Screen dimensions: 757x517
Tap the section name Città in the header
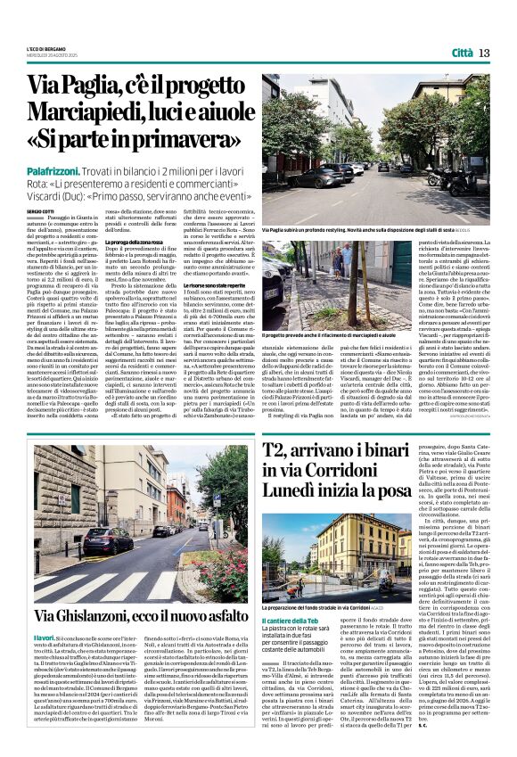[x=462, y=53]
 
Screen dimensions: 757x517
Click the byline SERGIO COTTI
[x=39, y=210]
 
